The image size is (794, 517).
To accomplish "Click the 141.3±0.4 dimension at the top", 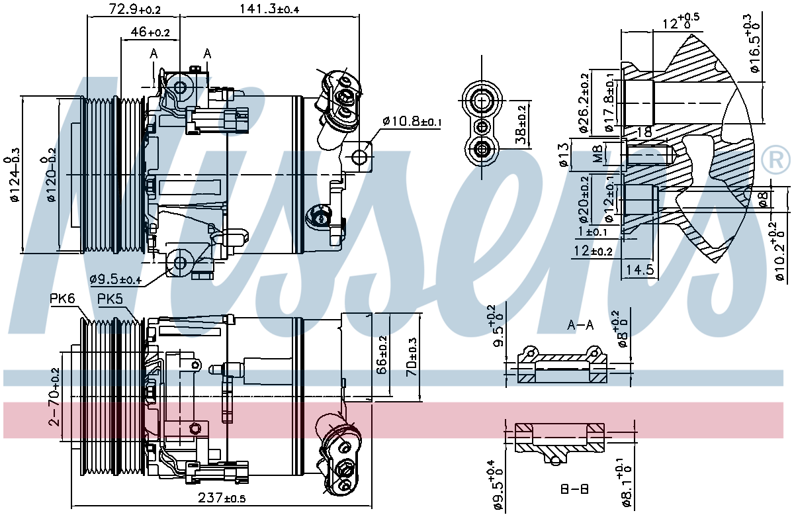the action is click(x=269, y=9).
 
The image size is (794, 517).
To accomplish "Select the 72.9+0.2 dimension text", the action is click(x=135, y=9).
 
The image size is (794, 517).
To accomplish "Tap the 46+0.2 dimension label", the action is click(x=150, y=32).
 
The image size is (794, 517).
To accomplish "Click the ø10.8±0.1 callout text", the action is click(x=412, y=122).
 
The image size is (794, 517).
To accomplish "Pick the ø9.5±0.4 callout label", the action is click(x=116, y=279).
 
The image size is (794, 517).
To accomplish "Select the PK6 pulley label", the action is click(x=62, y=299).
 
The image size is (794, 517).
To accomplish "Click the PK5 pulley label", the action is click(x=110, y=299).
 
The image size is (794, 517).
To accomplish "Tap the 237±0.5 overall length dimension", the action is click(x=222, y=498).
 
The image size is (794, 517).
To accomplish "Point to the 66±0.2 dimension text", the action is click(x=381, y=355).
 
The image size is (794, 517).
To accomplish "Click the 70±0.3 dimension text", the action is click(x=412, y=357).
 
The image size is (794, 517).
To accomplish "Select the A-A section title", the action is click(x=580, y=325).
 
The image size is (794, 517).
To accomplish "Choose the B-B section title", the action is click(x=574, y=490).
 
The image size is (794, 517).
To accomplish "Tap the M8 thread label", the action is click(x=597, y=154).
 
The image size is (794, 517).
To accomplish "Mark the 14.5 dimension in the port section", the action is click(x=640, y=270).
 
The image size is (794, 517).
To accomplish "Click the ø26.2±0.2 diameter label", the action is click(x=584, y=103).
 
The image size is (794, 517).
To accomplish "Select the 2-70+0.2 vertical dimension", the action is click(x=54, y=397).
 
